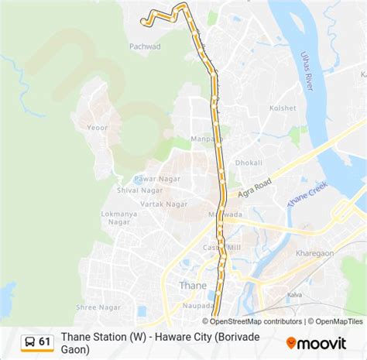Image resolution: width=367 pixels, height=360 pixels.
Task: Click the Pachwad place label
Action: click(145, 46)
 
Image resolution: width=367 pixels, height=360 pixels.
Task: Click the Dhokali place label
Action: click(249, 163)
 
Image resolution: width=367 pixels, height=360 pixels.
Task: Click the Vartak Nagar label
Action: click(166, 204)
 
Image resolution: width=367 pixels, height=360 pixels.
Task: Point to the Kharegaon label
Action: click(314, 253)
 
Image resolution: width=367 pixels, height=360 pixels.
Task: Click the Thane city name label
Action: click(193, 285)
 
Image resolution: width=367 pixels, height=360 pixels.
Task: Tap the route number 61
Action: click(45, 341)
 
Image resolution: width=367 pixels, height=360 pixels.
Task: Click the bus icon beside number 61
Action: click(28, 341)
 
